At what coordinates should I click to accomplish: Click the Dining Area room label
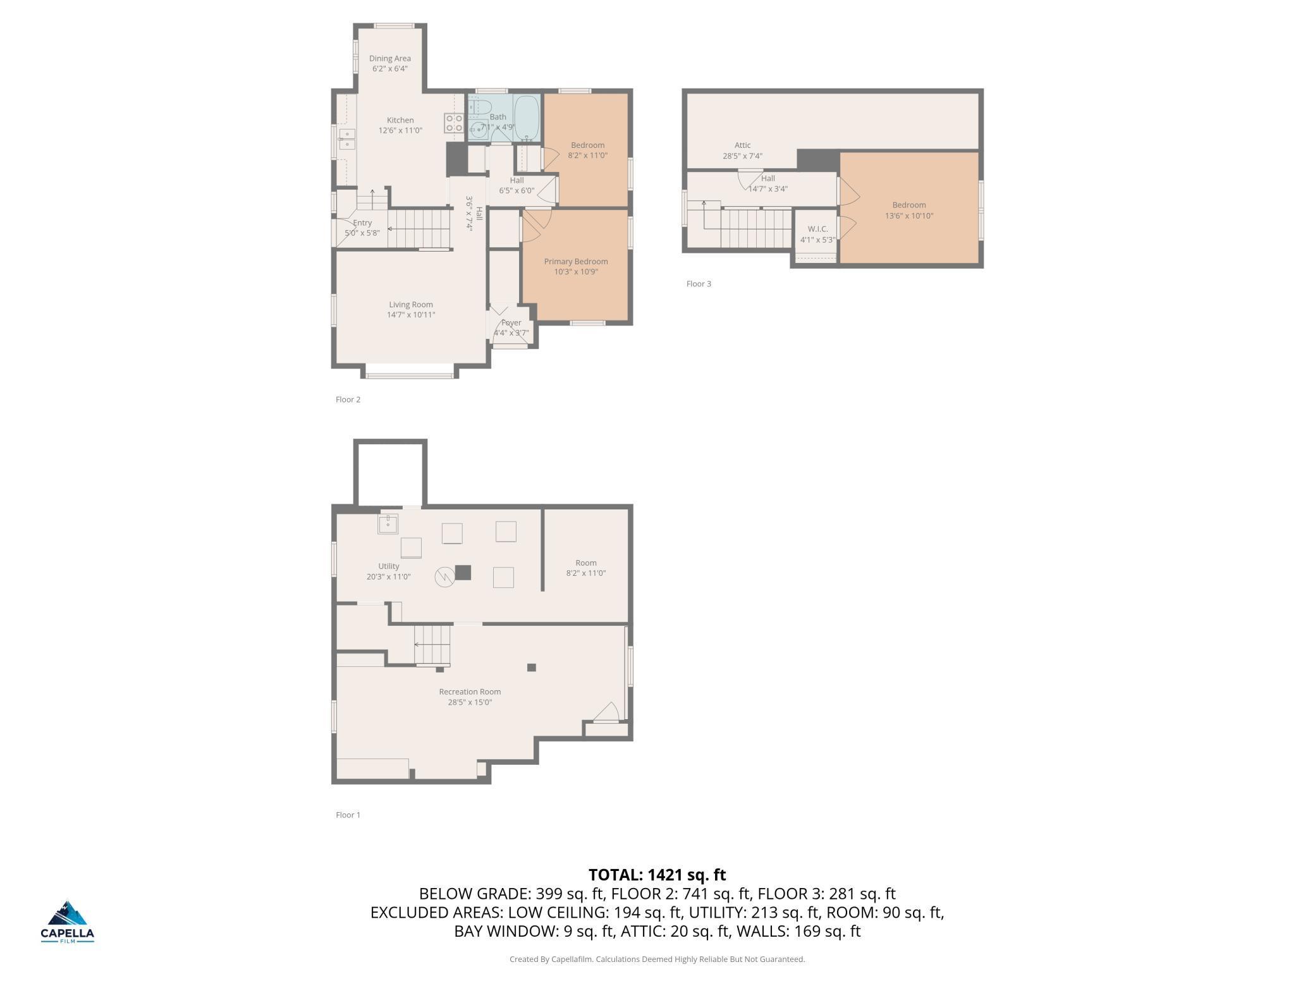(390, 58)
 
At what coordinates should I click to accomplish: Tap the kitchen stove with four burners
(454, 123)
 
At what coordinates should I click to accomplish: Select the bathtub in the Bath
(527, 118)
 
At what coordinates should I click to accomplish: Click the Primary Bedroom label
(576, 261)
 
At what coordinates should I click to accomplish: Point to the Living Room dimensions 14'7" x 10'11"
(411, 315)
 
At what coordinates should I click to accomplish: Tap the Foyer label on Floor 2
(511, 322)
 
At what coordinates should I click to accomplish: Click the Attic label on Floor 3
(743, 145)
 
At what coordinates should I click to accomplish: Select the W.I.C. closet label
(818, 229)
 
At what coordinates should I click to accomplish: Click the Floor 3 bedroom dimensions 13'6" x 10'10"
(909, 216)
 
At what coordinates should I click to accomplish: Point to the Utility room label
(389, 566)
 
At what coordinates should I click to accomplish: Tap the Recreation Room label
(470, 691)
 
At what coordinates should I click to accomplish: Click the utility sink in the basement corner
(388, 524)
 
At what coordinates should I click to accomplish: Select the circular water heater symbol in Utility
(444, 576)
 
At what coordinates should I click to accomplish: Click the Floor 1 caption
(348, 815)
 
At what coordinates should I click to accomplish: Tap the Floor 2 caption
(348, 399)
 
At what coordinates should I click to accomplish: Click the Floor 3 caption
(699, 284)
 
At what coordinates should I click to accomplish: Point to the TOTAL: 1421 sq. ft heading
(657, 875)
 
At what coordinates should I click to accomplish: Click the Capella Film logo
(68, 922)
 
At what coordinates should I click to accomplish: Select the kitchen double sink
(346, 139)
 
